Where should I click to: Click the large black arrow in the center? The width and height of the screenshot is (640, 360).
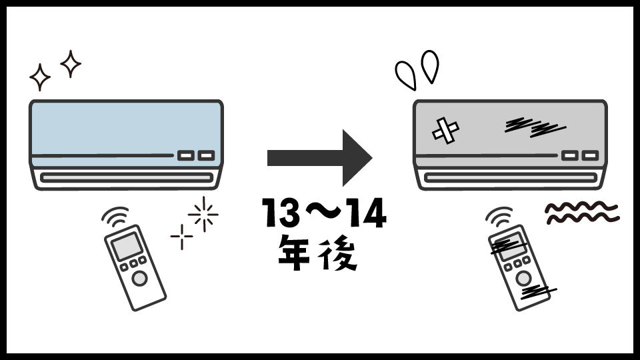point(319,158)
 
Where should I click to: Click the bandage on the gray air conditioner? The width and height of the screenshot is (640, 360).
point(446,130)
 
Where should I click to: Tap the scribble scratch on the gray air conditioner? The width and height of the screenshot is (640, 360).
point(534,126)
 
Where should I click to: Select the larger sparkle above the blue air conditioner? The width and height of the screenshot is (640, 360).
point(71,64)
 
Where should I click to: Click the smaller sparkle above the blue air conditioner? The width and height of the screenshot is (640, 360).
point(40,78)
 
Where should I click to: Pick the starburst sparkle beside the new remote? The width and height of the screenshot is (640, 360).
point(203,214)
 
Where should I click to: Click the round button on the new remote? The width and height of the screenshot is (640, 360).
point(140,279)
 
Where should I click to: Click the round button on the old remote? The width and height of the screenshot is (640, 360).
point(524,277)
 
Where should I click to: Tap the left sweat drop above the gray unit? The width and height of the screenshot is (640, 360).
point(405,75)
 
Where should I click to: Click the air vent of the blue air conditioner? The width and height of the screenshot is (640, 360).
point(126,177)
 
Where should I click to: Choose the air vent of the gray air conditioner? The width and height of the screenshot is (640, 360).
point(510,177)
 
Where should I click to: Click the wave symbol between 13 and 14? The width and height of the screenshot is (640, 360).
point(320,215)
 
